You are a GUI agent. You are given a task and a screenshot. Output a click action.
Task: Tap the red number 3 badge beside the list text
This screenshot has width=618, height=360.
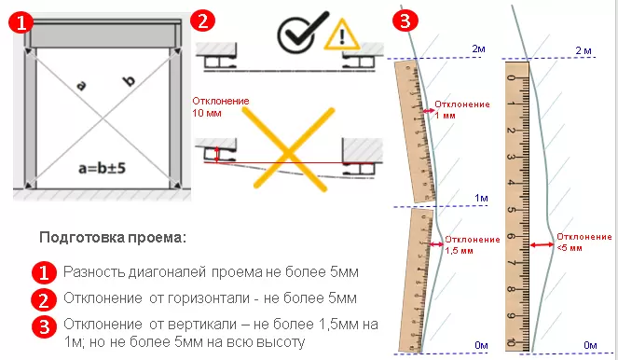[43, 326]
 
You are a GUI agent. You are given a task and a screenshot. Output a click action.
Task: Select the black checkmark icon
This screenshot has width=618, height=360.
[297, 33]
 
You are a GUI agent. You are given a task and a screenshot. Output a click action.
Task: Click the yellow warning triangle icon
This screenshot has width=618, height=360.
[340, 36]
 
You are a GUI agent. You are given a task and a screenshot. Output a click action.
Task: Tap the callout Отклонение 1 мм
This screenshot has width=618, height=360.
[463, 109]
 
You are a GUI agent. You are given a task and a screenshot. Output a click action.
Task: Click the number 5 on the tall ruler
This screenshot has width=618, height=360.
[511, 210]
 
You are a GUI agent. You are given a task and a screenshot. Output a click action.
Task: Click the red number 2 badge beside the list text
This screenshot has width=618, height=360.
[43, 299]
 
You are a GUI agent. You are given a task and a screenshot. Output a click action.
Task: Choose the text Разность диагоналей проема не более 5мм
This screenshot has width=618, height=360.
[211, 272]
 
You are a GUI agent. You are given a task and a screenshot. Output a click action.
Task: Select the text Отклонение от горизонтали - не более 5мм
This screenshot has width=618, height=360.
[210, 299]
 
